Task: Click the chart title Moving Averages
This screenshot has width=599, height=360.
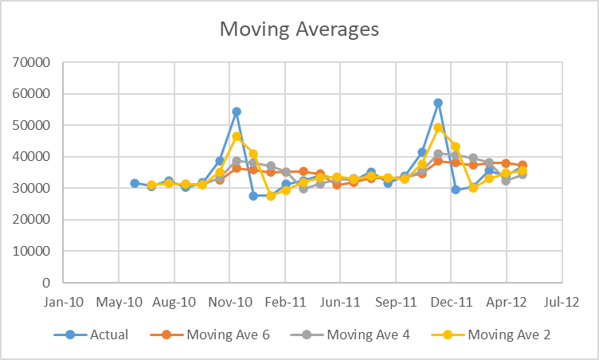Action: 299,30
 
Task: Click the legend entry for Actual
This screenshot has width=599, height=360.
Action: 109,335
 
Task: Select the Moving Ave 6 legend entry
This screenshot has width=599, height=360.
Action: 228,335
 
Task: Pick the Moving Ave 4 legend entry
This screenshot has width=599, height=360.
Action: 368,335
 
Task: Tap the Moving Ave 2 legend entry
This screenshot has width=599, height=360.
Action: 508,335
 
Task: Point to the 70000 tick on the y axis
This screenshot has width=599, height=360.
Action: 32,62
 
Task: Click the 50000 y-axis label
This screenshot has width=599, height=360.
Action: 32,125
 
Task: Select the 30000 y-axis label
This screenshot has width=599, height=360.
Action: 32,188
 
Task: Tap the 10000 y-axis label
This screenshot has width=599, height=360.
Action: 32,251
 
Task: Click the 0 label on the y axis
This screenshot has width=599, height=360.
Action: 47,283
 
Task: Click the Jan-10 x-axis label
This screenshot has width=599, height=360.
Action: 64,303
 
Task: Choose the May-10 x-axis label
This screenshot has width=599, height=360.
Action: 119,303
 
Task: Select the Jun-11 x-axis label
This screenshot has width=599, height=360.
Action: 340,303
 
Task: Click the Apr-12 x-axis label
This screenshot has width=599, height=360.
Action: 507,303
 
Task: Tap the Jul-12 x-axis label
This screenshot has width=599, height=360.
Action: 562,303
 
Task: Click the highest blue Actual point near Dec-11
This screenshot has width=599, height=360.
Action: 438,103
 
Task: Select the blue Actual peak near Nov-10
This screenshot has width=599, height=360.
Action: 237,112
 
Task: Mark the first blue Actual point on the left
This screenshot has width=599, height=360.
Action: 135,183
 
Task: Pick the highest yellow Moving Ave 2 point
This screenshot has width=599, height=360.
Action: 438,127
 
